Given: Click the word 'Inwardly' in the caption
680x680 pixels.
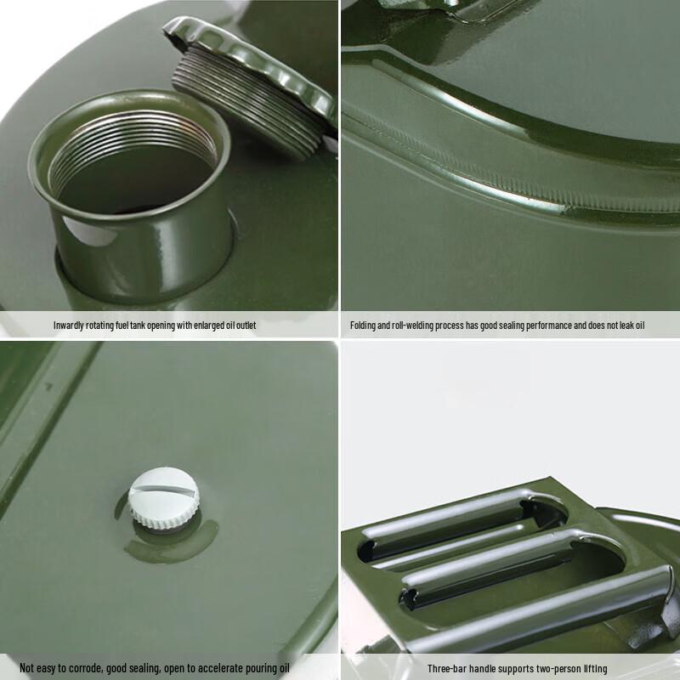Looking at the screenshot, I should pos(71,326).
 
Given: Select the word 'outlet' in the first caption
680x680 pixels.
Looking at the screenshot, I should pos(243,326).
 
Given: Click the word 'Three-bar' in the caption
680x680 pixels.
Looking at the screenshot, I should pos(447,669).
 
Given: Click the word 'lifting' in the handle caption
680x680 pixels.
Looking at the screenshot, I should pos(593,669).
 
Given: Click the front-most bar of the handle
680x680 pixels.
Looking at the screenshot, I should pos(544,608).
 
